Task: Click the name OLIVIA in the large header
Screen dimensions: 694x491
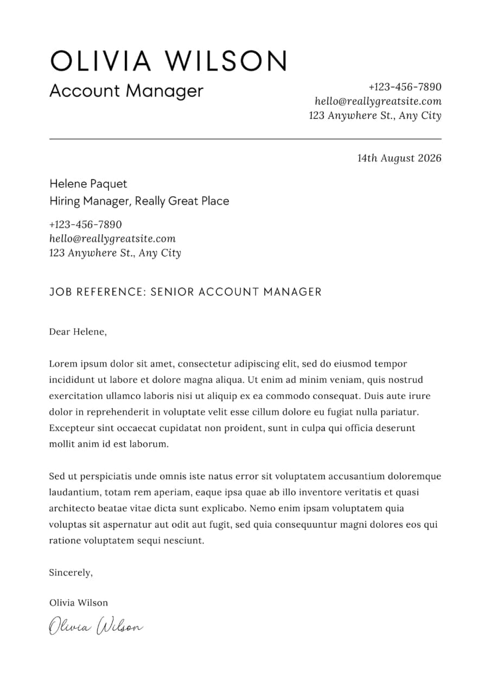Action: click(x=100, y=61)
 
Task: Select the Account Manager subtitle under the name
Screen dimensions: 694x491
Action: click(x=126, y=91)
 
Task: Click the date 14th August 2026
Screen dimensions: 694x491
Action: click(x=399, y=158)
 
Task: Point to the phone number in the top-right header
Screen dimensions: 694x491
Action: click(x=405, y=87)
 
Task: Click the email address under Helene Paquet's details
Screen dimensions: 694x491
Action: click(x=112, y=239)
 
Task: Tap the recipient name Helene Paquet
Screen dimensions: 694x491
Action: click(x=88, y=184)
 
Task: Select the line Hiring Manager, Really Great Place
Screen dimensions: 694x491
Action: click(x=139, y=201)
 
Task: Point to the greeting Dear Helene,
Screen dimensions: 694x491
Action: click(x=78, y=332)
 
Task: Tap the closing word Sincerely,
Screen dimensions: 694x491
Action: click(x=71, y=573)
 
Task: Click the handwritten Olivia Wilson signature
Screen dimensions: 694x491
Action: click(x=96, y=626)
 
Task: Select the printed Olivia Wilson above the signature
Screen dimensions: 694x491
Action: click(x=78, y=603)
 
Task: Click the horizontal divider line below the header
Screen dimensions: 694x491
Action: click(x=245, y=139)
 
